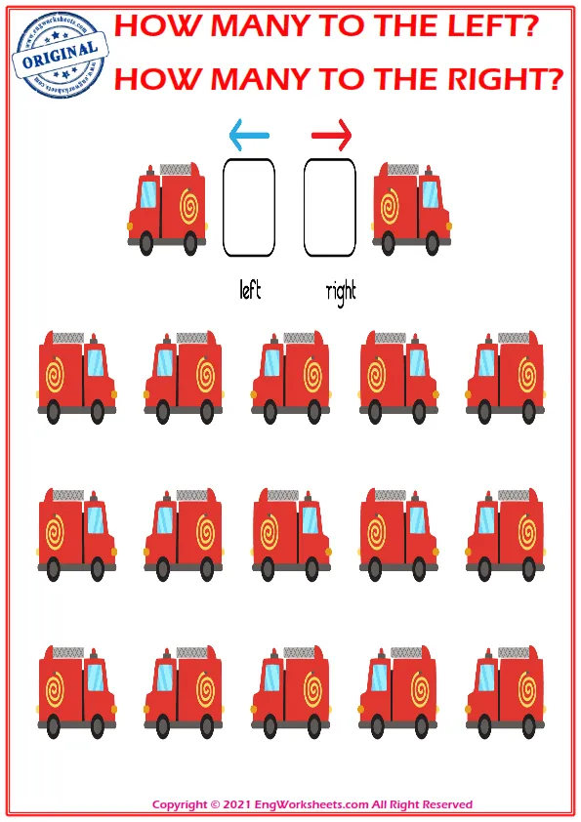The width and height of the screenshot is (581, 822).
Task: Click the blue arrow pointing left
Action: point(249,136)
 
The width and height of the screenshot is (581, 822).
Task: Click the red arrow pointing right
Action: point(331,136)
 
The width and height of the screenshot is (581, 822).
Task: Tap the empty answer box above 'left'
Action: point(249,208)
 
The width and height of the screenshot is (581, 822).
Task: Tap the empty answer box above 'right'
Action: point(330,208)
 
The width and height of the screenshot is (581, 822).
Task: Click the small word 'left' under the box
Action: point(250,289)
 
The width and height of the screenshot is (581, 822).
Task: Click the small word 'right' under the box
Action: point(341,293)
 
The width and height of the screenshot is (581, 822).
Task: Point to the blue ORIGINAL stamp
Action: point(60,55)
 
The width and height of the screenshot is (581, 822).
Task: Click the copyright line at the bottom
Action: point(312,804)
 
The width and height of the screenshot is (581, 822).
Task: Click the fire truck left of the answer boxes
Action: point(167,209)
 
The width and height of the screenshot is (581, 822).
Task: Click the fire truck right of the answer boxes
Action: point(412,209)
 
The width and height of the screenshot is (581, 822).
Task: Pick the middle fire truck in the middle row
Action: point(291,535)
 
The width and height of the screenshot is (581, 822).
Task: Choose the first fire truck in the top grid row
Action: point(77,378)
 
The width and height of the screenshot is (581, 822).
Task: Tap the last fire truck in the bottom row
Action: point(506,692)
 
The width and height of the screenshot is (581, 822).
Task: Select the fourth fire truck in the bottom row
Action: point(398,692)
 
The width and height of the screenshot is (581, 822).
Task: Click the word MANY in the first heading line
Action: point(261,25)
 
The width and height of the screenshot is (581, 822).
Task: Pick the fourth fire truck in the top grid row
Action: point(398,378)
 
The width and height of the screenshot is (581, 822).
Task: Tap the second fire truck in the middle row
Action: point(184,535)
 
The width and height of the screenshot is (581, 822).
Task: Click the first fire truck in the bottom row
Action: point(77,692)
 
